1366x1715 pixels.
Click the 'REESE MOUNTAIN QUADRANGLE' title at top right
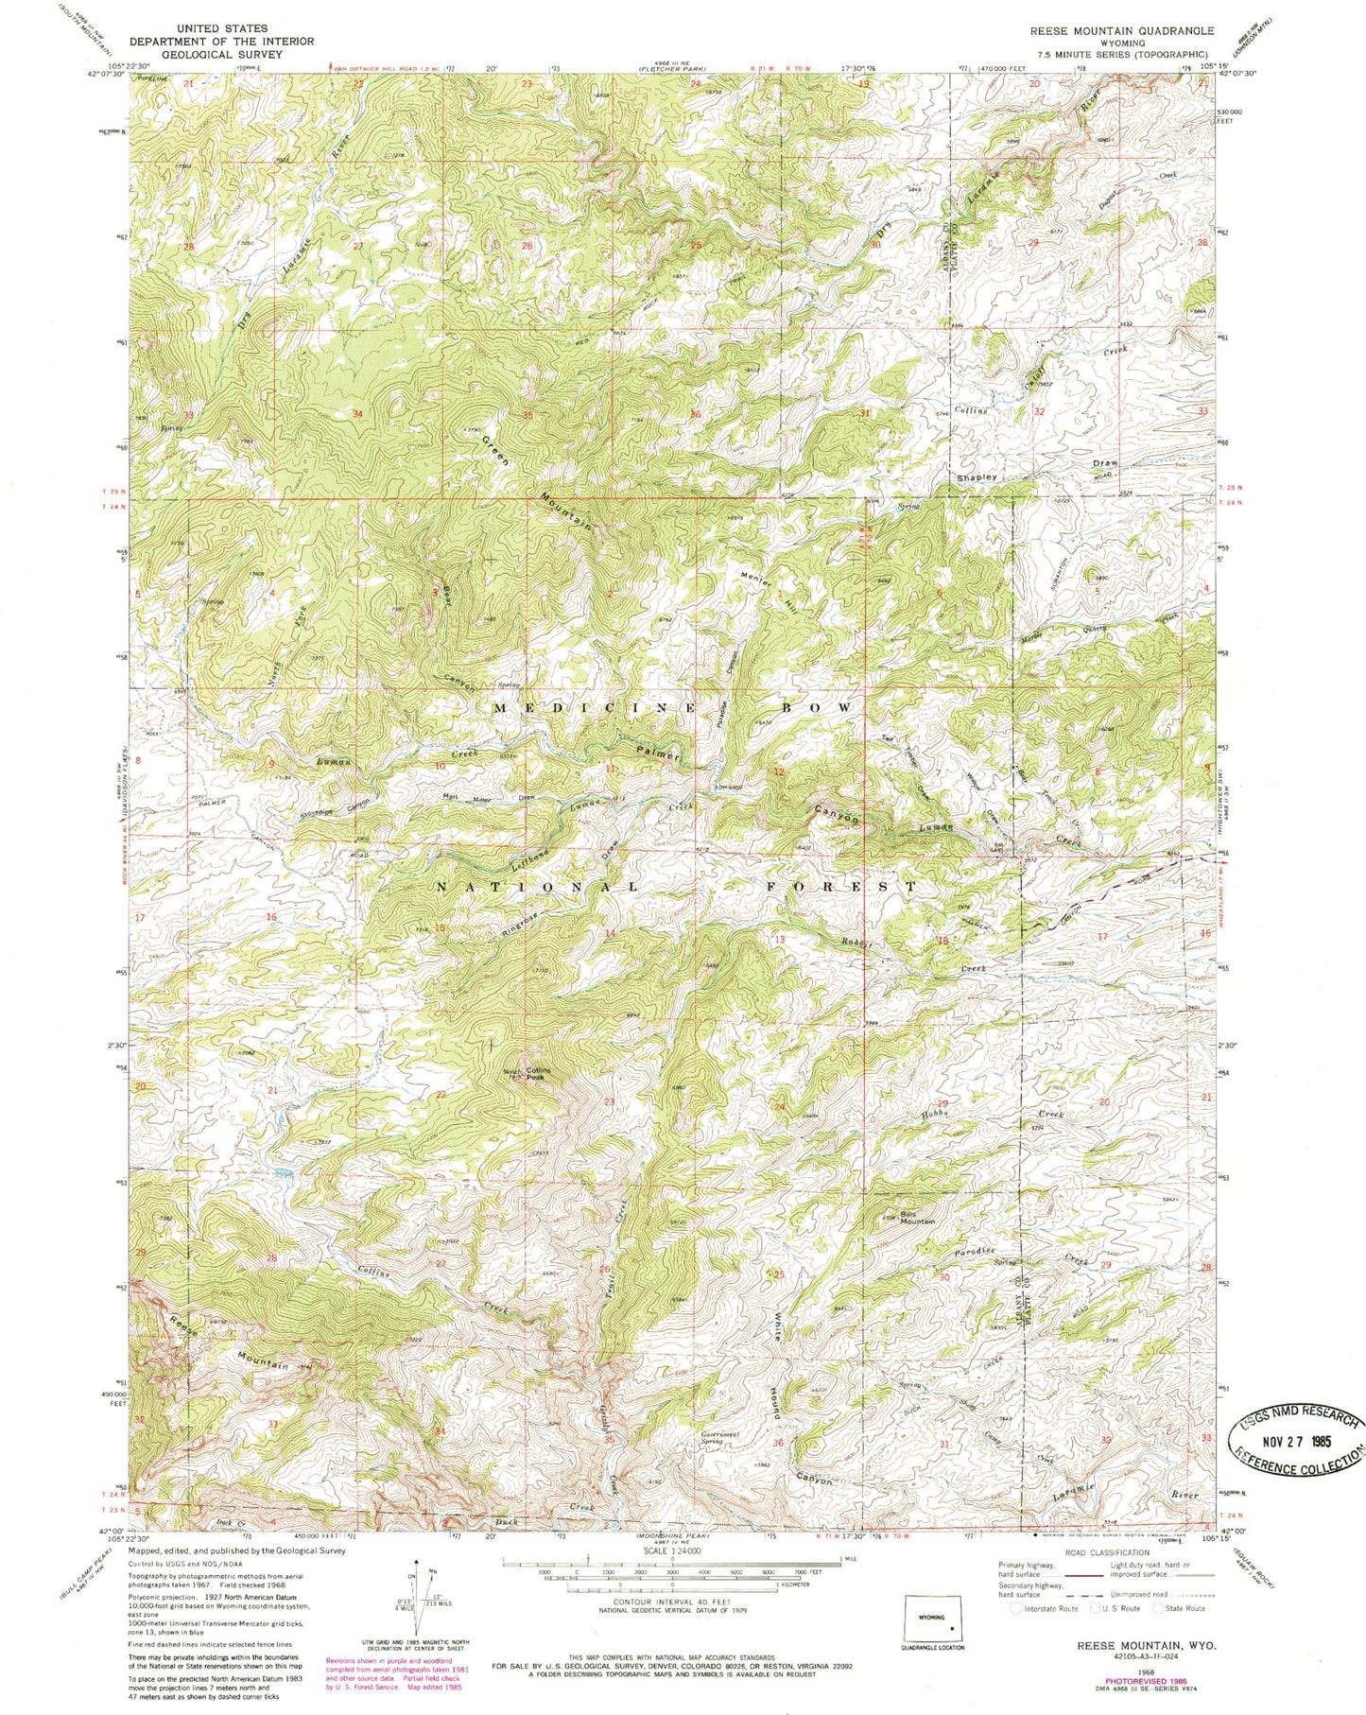pyautogui.click(x=1121, y=31)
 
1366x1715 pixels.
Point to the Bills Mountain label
pyautogui.click(x=916, y=1218)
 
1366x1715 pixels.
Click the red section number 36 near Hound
pyautogui.click(x=778, y=1443)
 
